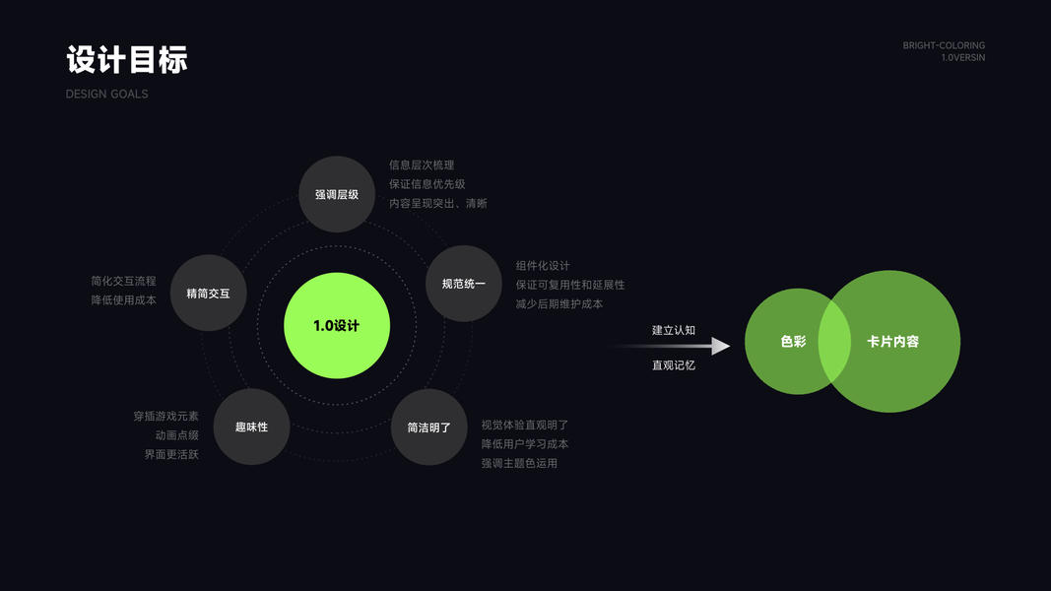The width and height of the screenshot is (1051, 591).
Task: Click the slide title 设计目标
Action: pos(126,59)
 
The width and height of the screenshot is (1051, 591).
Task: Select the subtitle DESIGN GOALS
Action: pos(106,94)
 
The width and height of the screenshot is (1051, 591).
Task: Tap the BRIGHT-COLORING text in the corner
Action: pos(944,45)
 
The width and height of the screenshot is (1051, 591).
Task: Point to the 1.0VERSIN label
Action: pos(962,58)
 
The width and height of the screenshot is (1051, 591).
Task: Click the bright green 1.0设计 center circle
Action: pos(337,326)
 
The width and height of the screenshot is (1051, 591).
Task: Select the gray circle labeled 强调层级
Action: pos(337,194)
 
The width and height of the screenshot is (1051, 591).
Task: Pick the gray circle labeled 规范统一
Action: pos(463,284)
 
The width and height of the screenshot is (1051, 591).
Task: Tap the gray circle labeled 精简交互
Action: pos(208,293)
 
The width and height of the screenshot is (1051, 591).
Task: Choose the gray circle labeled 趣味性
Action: pos(251,427)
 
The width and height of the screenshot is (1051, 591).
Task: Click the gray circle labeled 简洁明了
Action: pos(429,427)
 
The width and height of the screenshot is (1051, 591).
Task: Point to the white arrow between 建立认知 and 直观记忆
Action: pos(690,346)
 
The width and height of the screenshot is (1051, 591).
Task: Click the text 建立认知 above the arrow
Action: pos(673,330)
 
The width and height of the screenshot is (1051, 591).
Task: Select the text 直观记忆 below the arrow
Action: pos(673,365)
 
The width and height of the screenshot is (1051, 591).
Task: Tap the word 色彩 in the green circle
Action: pos(793,342)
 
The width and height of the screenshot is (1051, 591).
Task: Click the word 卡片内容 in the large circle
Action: pos(892,342)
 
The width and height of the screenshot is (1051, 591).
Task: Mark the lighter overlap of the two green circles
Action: pos(834,341)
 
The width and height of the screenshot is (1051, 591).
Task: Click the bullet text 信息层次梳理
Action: pos(422,165)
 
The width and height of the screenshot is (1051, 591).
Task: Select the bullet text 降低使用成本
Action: pos(124,299)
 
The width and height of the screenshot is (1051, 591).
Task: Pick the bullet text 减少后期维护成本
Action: pos(558,304)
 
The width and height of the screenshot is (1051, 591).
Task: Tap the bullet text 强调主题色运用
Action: pos(519,463)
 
